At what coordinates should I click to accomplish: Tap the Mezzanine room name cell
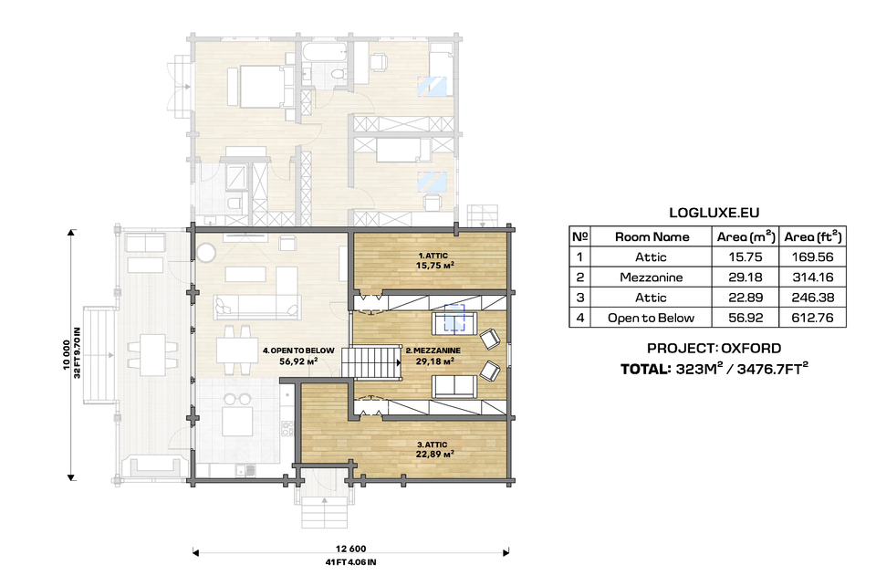pos(652,277)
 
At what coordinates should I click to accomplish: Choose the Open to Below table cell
pos(652,319)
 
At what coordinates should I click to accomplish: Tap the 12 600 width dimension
pos(350,549)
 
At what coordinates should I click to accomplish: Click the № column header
pos(579,236)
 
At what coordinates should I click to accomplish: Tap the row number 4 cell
pos(579,319)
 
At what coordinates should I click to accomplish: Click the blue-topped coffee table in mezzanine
pos(455,318)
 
